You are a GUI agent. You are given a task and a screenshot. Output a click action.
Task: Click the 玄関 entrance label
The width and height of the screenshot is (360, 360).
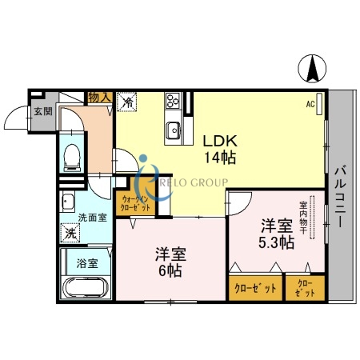pos(43,112)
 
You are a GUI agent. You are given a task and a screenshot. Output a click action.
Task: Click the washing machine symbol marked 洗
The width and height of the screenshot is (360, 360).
pos(70,234)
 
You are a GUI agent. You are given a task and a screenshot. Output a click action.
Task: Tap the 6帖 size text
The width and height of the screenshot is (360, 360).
pos(170,270)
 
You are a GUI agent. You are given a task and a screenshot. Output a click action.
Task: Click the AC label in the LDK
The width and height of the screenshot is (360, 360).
pos(310,103)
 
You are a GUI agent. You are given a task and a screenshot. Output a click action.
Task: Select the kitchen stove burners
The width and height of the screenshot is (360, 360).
pos(172,102)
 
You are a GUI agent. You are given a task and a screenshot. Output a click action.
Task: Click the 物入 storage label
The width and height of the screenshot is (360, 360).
pos(99,97)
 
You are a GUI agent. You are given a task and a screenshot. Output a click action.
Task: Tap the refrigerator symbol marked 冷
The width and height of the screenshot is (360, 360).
pos(126,102)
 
